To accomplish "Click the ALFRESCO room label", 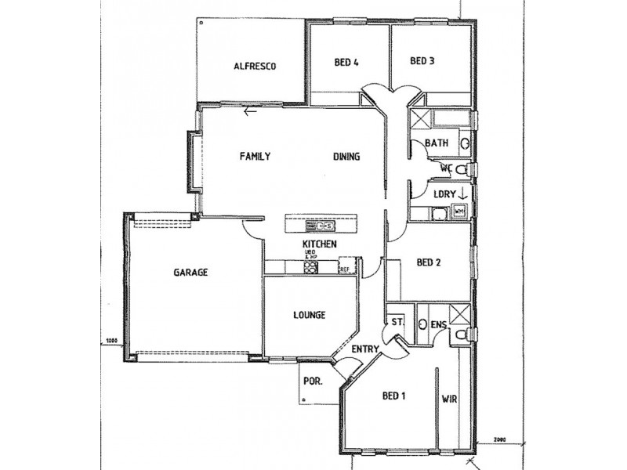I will [256, 67].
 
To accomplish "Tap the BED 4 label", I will [346, 62].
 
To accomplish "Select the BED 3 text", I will [422, 61].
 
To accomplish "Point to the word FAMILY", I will [255, 157].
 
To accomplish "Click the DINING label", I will [346, 157].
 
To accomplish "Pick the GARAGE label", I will [190, 273].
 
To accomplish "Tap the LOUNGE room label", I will [309, 316].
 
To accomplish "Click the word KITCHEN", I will [320, 245].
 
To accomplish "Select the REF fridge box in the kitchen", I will [344, 269].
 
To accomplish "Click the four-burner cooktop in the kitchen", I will [310, 268].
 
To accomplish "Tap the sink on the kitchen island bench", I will [327, 226].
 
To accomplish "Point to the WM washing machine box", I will [460, 210].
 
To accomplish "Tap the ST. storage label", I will [397, 322].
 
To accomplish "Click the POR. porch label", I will [310, 383].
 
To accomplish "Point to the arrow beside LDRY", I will [462, 193].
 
